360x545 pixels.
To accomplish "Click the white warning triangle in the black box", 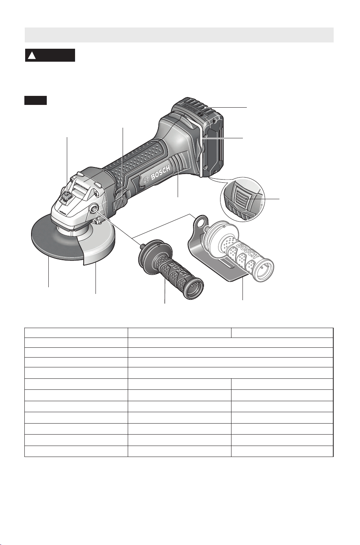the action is click(x=32, y=56).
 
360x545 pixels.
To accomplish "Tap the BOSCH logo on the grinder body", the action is click(x=157, y=175).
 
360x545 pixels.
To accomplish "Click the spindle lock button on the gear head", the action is click(x=67, y=196).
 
